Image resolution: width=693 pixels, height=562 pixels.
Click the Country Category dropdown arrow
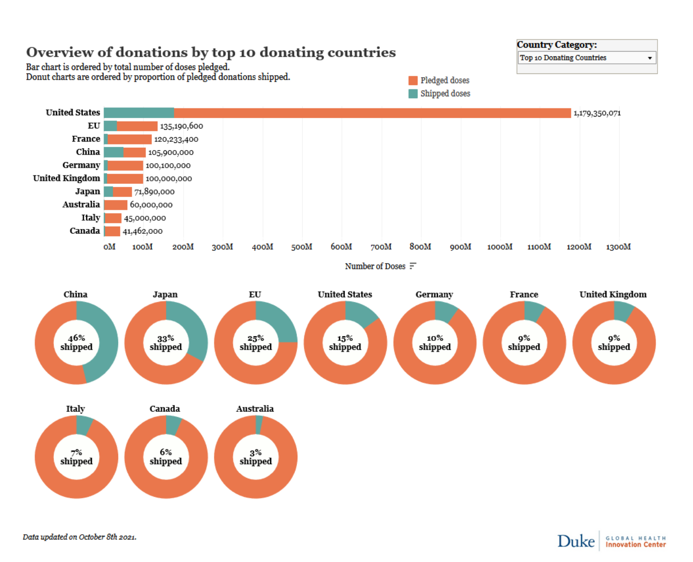[x=649, y=58]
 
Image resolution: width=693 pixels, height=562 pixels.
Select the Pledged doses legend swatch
[x=413, y=80]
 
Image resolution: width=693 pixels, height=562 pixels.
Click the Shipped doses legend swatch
[x=413, y=93]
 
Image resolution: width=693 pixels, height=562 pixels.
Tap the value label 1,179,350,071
[x=597, y=113]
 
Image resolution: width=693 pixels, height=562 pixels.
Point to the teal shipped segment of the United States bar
[x=139, y=113]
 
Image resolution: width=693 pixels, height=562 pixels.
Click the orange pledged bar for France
[x=130, y=139]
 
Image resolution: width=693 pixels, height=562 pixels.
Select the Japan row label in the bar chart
[x=87, y=192]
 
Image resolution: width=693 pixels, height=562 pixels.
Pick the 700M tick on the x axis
[x=381, y=247]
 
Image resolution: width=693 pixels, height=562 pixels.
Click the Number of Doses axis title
[x=375, y=266]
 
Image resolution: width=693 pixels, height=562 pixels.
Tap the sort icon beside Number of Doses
[x=413, y=266]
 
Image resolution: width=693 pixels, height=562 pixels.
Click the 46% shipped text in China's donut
[x=76, y=343]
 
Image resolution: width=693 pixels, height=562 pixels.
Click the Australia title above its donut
[x=255, y=409]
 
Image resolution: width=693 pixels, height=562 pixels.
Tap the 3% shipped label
[x=256, y=457]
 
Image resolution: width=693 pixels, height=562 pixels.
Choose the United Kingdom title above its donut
[x=613, y=295]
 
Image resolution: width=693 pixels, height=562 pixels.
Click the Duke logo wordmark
[x=576, y=541]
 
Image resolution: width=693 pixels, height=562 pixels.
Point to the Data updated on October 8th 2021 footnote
[x=79, y=537]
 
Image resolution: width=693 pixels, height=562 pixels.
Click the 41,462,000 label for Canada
[x=142, y=231]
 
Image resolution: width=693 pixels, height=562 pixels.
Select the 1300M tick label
[x=618, y=247]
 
